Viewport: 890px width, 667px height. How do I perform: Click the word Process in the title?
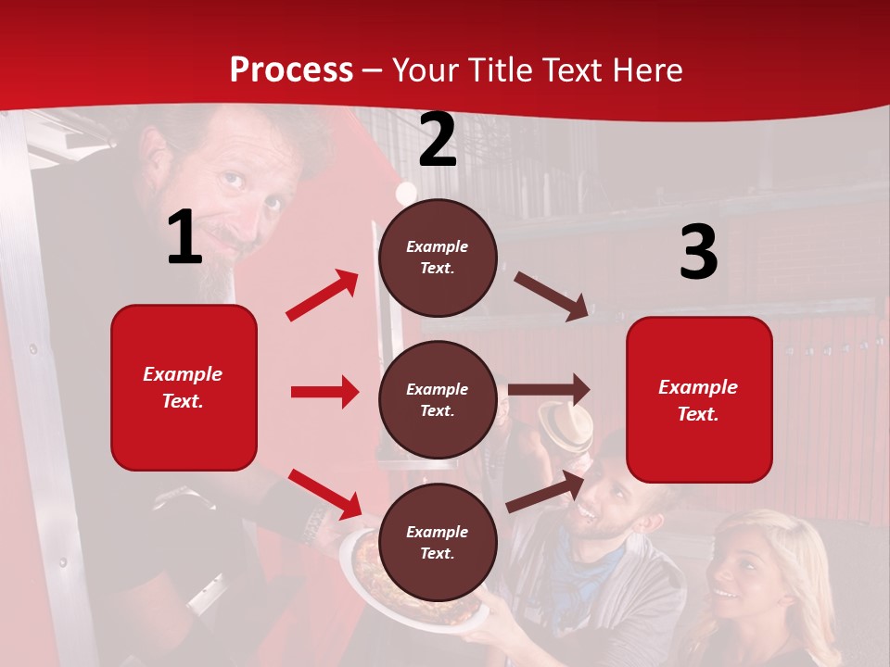coord(291,70)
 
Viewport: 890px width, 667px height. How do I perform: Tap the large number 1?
coord(184,238)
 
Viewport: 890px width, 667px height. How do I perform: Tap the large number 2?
coord(438,140)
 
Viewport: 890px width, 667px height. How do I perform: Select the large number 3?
coord(698,252)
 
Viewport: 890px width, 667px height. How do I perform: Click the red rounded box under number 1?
coord(184,387)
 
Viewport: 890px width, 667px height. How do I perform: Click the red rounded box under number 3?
coord(699,399)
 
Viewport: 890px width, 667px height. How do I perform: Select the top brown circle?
coord(438,258)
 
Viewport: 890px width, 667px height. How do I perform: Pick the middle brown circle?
coord(438,399)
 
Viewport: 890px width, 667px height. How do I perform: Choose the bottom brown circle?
coord(438,542)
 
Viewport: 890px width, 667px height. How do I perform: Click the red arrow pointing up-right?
coord(323,295)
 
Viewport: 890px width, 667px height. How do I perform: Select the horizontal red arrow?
coord(325,392)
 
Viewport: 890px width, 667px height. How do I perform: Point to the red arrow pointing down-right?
coord(325,494)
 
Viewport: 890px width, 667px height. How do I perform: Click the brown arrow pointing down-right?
coord(552,296)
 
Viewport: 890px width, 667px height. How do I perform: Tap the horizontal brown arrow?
coord(549,390)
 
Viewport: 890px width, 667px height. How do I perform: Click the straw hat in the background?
coord(566,423)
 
